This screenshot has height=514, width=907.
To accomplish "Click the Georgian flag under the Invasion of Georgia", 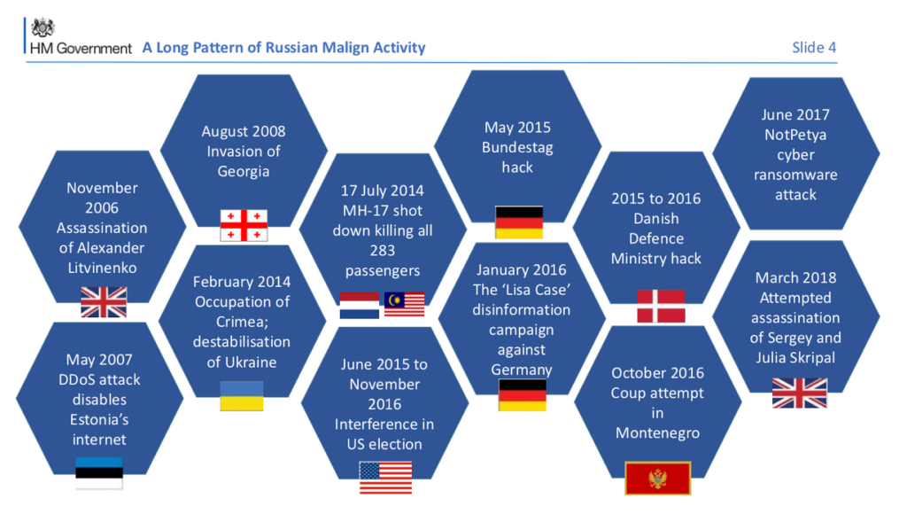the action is pyautogui.click(x=244, y=225).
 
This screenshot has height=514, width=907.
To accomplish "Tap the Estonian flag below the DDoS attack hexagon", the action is pyautogui.click(x=99, y=473).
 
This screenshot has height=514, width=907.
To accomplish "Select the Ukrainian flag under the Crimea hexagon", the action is pyautogui.click(x=242, y=396).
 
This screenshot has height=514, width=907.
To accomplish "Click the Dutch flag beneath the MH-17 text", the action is pyautogui.click(x=360, y=305).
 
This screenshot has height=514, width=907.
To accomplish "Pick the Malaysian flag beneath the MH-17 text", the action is pyautogui.click(x=404, y=304).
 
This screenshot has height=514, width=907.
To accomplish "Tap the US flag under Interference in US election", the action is pyautogui.click(x=385, y=478).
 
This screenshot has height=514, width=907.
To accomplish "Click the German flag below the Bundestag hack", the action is pyautogui.click(x=519, y=222).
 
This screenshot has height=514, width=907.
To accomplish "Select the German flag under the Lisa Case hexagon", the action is pyautogui.click(x=523, y=394).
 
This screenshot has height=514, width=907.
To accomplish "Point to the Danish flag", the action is pyautogui.click(x=661, y=307).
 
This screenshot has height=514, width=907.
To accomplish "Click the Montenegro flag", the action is pyautogui.click(x=658, y=479).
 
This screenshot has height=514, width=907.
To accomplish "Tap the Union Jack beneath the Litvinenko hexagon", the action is pyautogui.click(x=104, y=302).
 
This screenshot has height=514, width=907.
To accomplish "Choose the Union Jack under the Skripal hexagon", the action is pyautogui.click(x=800, y=393).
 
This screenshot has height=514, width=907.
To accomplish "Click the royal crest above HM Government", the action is pyautogui.click(x=43, y=27).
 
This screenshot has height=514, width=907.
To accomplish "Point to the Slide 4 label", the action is pyautogui.click(x=814, y=48).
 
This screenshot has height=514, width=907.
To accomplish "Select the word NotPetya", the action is pyautogui.click(x=795, y=135).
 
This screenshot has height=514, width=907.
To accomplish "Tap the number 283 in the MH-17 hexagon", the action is pyautogui.click(x=383, y=251).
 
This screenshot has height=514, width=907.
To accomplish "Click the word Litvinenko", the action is pyautogui.click(x=103, y=268).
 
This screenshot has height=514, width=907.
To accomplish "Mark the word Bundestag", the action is pyautogui.click(x=517, y=148).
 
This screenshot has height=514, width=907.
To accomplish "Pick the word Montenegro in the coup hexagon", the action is pyautogui.click(x=658, y=433).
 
